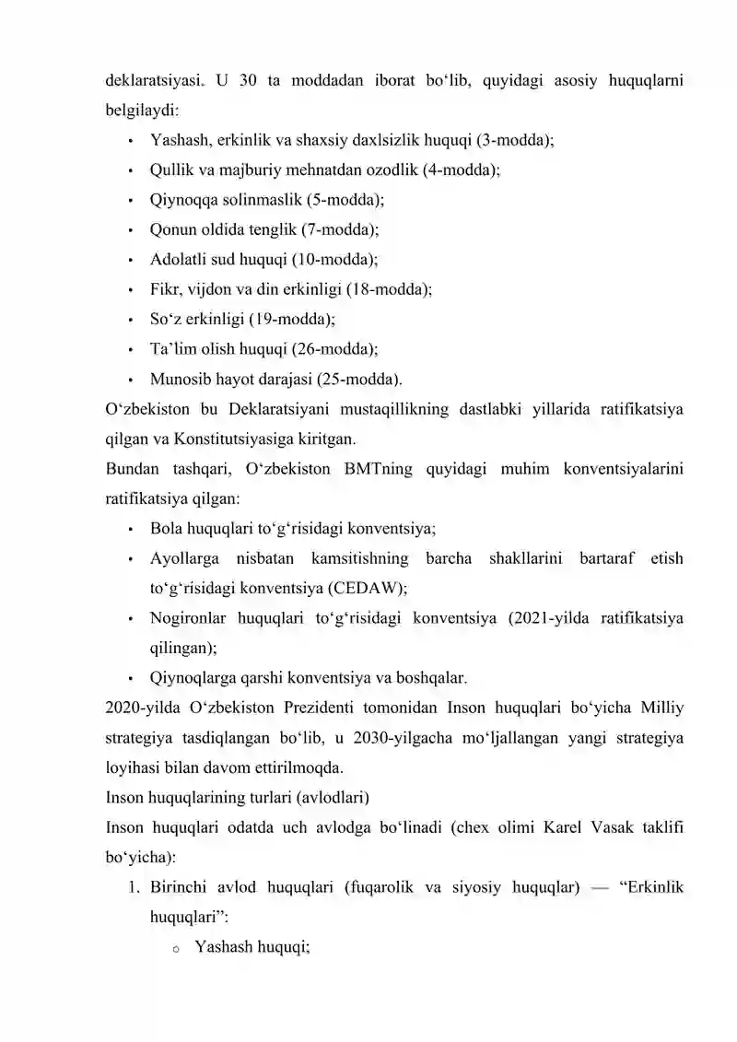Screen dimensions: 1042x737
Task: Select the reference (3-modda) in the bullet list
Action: point(515,141)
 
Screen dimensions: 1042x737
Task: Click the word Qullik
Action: point(171,170)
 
